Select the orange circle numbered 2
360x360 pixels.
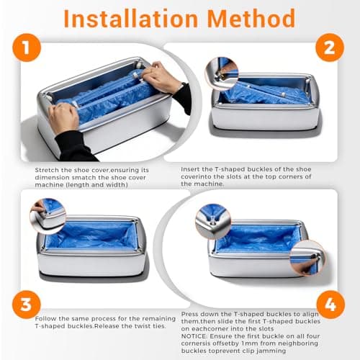(x=329, y=49)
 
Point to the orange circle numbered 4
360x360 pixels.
(x=329, y=303)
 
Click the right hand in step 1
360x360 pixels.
(x=163, y=76)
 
